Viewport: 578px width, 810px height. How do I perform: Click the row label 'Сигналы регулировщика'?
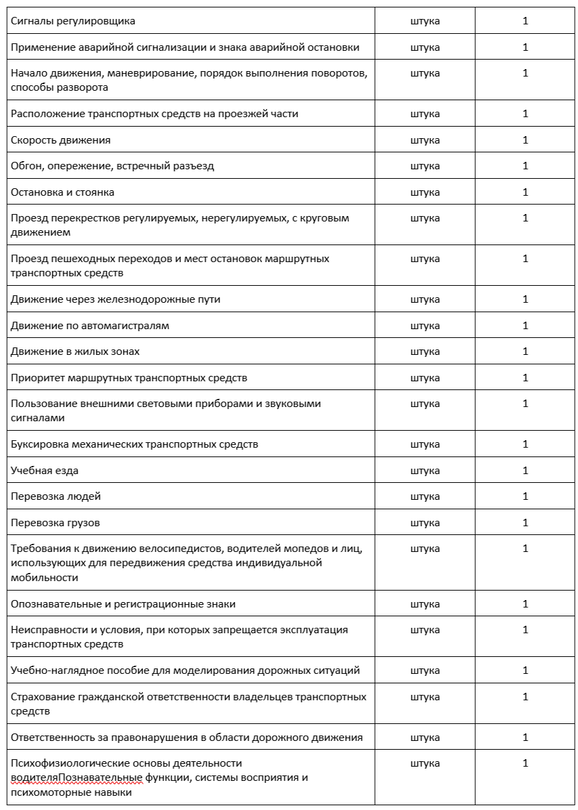point(73,21)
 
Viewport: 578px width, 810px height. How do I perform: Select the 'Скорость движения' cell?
point(60,140)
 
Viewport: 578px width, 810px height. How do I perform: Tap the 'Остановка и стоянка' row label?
point(62,192)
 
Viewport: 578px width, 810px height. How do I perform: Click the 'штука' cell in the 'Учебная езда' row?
point(425,471)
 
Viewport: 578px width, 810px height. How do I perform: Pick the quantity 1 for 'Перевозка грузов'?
point(525,523)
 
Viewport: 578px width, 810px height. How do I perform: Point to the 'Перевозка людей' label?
point(56,496)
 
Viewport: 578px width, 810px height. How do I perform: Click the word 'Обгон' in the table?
point(25,166)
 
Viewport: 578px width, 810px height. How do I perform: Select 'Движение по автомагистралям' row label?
point(90,326)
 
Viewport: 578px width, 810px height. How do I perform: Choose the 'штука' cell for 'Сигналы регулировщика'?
point(425,21)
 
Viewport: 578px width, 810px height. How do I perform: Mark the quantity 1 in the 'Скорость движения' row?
point(525,140)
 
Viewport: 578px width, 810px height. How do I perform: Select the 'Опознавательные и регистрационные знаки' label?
point(123,604)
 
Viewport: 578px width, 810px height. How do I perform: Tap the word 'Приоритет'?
point(35,378)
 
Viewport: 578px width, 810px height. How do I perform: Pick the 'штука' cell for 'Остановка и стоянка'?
point(425,192)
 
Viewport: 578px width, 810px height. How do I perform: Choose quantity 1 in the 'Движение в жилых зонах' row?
point(525,351)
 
